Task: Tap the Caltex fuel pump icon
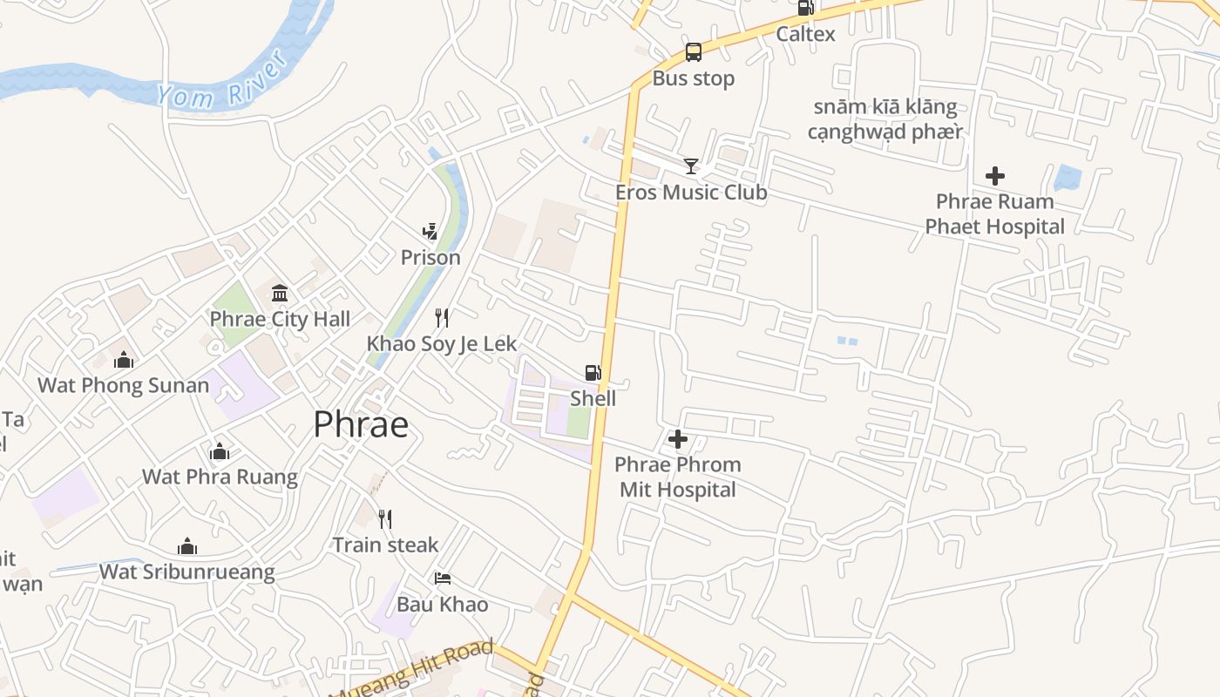[x=805, y=9]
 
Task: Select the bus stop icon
[x=693, y=52]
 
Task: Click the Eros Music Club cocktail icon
[x=691, y=166]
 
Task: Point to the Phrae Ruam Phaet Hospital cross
[x=994, y=176]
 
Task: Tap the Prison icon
[x=430, y=231]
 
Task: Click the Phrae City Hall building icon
[x=280, y=293]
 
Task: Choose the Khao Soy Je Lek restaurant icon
[x=442, y=317]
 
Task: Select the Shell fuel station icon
[x=593, y=373]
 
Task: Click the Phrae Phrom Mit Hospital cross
[x=677, y=439]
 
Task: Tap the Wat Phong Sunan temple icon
[x=124, y=359]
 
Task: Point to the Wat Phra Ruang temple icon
[x=220, y=451]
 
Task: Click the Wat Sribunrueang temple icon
[x=186, y=546]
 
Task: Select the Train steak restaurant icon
[x=385, y=519]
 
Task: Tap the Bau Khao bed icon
[x=443, y=579]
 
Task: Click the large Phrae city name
[x=361, y=424]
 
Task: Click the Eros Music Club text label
[x=691, y=192]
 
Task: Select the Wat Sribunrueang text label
[x=186, y=572]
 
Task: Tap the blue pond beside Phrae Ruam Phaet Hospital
[x=1066, y=178]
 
